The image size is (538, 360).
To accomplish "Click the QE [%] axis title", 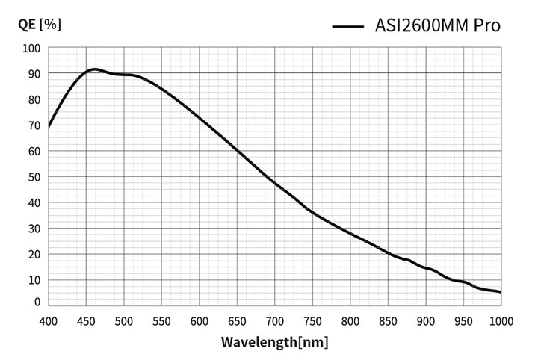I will [x=40, y=23].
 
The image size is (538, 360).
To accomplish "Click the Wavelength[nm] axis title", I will [x=274, y=343].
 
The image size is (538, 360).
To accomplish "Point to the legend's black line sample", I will [x=347, y=26].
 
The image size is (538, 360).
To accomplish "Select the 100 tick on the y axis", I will [x=31, y=48].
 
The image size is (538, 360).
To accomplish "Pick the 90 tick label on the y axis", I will [x=33, y=74].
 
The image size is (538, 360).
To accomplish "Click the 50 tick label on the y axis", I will [x=33, y=177].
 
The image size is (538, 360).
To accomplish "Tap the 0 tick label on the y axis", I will [x=36, y=302].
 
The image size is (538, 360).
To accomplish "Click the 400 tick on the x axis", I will [x=48, y=320].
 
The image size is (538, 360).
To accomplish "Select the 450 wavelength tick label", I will [x=86, y=320].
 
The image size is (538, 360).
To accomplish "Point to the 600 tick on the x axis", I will [x=199, y=320].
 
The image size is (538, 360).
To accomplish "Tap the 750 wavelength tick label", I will [x=312, y=320].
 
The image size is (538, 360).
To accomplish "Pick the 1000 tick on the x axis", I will [x=500, y=320].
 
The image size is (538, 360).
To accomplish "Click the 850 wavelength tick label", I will [x=388, y=320].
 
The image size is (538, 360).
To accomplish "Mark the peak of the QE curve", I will [x=93, y=69].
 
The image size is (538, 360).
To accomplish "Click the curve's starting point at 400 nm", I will [x=49, y=128].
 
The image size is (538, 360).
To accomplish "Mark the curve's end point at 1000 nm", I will [x=500, y=292].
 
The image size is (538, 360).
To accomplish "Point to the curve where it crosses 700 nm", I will [x=275, y=182].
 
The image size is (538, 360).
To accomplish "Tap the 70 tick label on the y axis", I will [x=33, y=125].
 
